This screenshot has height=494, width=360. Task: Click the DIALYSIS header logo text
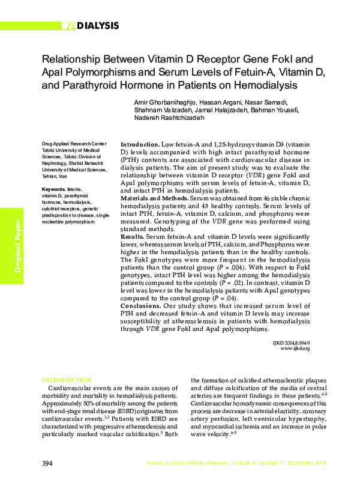coord(95,25)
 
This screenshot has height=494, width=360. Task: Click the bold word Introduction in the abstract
coord(140,146)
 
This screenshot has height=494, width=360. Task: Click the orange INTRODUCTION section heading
coord(66,381)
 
